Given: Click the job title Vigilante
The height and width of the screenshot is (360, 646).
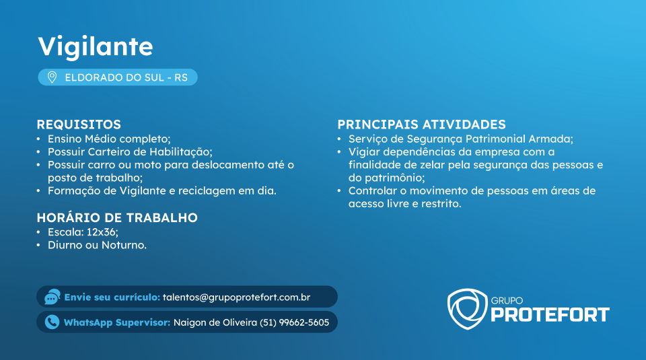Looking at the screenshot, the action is (96, 46).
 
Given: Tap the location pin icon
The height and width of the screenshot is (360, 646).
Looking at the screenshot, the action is (52, 77).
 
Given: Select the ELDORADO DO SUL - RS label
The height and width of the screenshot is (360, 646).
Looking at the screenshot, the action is (126, 77).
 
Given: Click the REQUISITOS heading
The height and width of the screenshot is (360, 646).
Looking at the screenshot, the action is (79, 124).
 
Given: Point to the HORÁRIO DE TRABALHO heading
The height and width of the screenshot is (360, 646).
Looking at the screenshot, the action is (117, 217).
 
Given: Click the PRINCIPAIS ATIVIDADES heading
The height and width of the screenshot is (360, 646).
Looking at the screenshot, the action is (421, 124).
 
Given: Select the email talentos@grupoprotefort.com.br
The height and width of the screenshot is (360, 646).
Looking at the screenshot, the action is (236, 297).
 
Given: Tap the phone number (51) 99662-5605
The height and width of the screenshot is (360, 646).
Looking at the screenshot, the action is (294, 322).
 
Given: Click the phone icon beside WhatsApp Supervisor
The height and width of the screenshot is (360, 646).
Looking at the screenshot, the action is (52, 322).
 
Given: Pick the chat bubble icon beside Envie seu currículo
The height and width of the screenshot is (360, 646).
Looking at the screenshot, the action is (52, 297).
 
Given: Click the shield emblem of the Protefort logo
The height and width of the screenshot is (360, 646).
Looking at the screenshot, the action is (467, 309).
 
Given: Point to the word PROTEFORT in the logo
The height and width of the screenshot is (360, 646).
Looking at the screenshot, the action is (550, 315).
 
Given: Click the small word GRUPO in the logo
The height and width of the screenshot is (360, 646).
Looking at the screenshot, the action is (507, 301).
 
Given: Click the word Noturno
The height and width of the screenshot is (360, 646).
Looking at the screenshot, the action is (124, 245).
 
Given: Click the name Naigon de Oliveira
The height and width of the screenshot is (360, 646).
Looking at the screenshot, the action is (215, 322).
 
